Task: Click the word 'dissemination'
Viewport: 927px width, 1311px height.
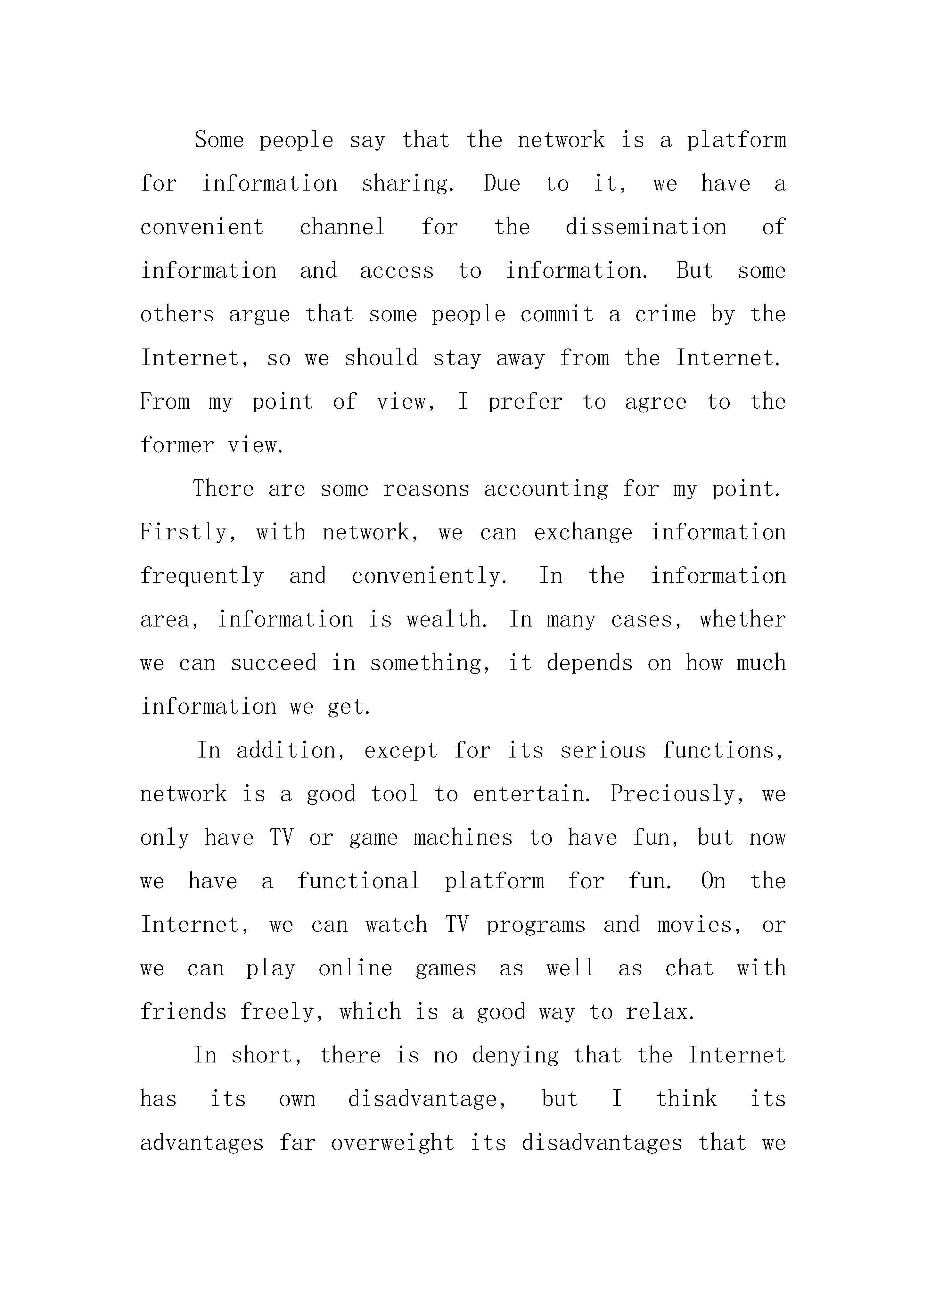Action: point(645,227)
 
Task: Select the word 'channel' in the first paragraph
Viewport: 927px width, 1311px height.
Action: point(342,227)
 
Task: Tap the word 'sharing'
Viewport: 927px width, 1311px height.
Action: point(407,184)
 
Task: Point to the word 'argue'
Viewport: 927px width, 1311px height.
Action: point(259,315)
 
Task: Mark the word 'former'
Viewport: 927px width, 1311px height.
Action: point(176,445)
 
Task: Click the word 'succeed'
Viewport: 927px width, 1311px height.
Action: point(274,663)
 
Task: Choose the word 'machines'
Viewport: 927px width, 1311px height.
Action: point(463,838)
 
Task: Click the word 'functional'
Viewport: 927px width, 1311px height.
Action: point(358,881)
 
